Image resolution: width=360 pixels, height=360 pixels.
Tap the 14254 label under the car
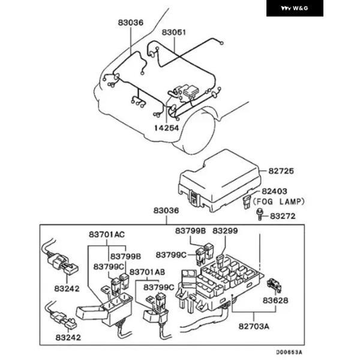click(166, 128)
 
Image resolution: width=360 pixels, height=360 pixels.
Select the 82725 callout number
click(281, 171)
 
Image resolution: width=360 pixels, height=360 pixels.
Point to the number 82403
click(275, 190)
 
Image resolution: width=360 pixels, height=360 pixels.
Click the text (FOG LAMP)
click(279, 202)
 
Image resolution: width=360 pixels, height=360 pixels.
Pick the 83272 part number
click(282, 215)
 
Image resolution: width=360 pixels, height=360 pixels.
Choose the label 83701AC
click(109, 233)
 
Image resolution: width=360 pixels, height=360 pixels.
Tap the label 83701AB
click(147, 271)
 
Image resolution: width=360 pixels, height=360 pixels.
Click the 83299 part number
click(225, 230)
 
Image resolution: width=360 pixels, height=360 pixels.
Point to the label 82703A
click(254, 326)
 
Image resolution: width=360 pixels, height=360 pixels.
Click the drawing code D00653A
click(289, 353)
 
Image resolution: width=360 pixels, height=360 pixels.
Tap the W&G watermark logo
click(295, 8)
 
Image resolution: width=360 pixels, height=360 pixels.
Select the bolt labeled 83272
click(259, 214)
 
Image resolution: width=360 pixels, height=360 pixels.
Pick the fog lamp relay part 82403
click(247, 201)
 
